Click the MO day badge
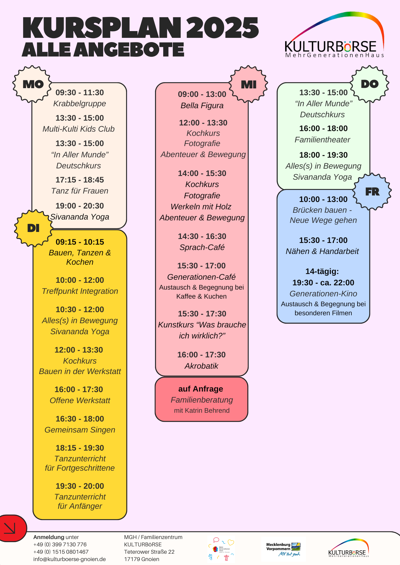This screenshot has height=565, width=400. [33, 84]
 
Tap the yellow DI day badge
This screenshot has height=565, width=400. [33, 228]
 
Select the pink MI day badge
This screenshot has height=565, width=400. [248, 84]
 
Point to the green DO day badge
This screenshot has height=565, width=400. [369, 84]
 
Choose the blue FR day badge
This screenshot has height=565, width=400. [372, 192]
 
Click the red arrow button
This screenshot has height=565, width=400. [11, 528]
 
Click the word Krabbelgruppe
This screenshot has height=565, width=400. [79, 104]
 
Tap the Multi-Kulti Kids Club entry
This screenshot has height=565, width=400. [79, 129]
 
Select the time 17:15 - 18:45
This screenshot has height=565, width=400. [79, 180]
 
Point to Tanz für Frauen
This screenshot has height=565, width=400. [79, 191]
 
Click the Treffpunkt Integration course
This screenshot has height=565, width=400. [80, 291]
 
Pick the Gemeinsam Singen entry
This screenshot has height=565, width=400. [80, 430]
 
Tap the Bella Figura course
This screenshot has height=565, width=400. [202, 106]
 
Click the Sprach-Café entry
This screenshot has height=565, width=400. [202, 247]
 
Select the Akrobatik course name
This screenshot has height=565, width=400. [201, 366]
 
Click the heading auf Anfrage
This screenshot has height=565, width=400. [201, 389]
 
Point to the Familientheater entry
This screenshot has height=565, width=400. [322, 140]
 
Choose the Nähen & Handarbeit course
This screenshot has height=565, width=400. [322, 251]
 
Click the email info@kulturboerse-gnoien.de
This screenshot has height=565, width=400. [70, 559]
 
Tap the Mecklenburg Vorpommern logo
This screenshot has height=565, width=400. [283, 549]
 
